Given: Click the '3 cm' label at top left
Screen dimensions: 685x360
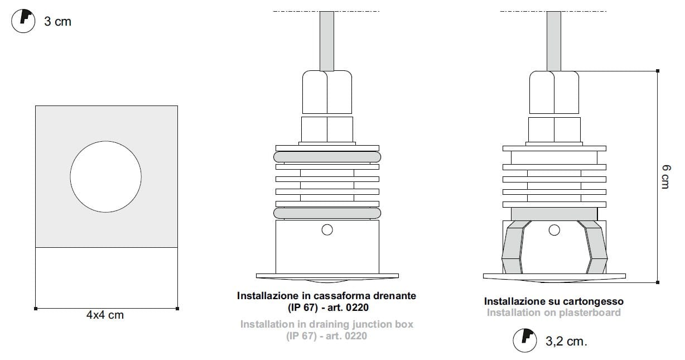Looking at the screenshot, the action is click(57, 22).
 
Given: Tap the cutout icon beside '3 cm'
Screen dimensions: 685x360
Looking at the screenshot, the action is click(23, 21).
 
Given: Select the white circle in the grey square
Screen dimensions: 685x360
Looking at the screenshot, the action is click(106, 176).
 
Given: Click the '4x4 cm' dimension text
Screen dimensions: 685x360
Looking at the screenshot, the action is click(105, 315).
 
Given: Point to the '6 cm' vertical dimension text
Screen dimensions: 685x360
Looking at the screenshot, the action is click(666, 177).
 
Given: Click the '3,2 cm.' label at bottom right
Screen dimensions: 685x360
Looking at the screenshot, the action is click(566, 342).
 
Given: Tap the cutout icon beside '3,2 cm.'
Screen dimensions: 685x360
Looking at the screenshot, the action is click(525, 340).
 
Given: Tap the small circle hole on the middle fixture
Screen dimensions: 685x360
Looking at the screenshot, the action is click(327, 230).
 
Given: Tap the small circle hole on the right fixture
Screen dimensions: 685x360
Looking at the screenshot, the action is click(554, 230).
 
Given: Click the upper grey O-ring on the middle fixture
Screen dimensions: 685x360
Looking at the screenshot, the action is click(327, 157).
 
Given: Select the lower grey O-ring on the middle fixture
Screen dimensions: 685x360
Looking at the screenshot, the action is click(327, 213).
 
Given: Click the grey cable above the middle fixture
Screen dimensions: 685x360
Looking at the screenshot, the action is click(327, 41).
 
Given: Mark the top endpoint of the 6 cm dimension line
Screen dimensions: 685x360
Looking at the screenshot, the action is click(658, 71).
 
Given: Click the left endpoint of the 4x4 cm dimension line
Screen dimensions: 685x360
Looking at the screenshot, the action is click(36, 309).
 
